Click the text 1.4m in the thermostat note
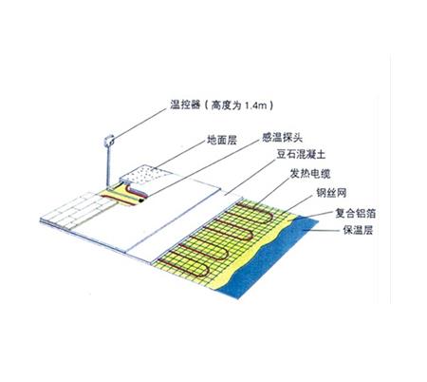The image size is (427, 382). point(249,105)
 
